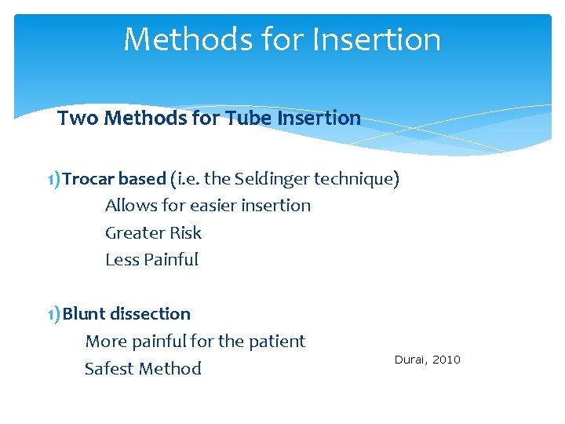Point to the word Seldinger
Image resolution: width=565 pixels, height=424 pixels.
pos(271,179)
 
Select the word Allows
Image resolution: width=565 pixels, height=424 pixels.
pos(130,206)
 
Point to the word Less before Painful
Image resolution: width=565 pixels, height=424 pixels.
pos(122,260)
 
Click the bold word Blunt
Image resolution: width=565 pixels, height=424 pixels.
pos(85,314)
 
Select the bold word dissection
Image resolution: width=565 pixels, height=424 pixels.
pos(151,314)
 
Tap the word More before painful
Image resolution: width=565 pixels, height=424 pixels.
pos(105,342)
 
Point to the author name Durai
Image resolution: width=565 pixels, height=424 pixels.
pos(410,360)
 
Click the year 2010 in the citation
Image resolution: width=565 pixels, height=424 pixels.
pos(447,360)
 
